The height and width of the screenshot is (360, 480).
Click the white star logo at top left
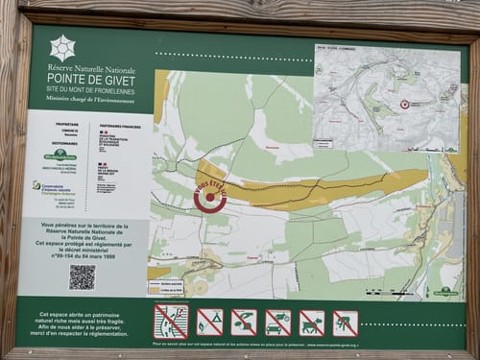[x=62, y=48]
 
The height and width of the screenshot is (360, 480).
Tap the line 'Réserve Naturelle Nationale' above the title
[x=93, y=68]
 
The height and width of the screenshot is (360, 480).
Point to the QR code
[x=82, y=276]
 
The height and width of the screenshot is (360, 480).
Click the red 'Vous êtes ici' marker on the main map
[x=209, y=196]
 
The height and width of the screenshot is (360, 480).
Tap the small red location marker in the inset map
[x=404, y=104]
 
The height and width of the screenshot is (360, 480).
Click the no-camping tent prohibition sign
[x=209, y=322]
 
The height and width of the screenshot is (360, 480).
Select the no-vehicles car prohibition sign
[x=277, y=322]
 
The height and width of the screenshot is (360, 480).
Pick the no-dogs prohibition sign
[x=311, y=322]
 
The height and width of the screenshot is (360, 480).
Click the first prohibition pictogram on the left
[x=171, y=322]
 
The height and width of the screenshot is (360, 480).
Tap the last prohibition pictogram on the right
[x=345, y=322]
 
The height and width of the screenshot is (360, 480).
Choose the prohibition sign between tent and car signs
[x=244, y=322]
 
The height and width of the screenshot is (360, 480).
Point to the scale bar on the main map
[x=389, y=292]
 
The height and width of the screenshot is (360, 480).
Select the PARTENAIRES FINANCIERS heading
[x=119, y=124]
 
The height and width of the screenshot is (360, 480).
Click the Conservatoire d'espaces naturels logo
[x=40, y=186]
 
